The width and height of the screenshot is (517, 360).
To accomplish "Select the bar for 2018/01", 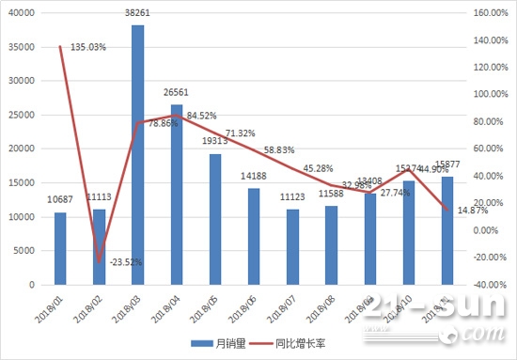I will click(60, 248).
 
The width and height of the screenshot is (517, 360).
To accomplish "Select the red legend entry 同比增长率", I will click(293, 344).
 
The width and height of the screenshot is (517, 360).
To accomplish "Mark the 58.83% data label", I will click(282, 149).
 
